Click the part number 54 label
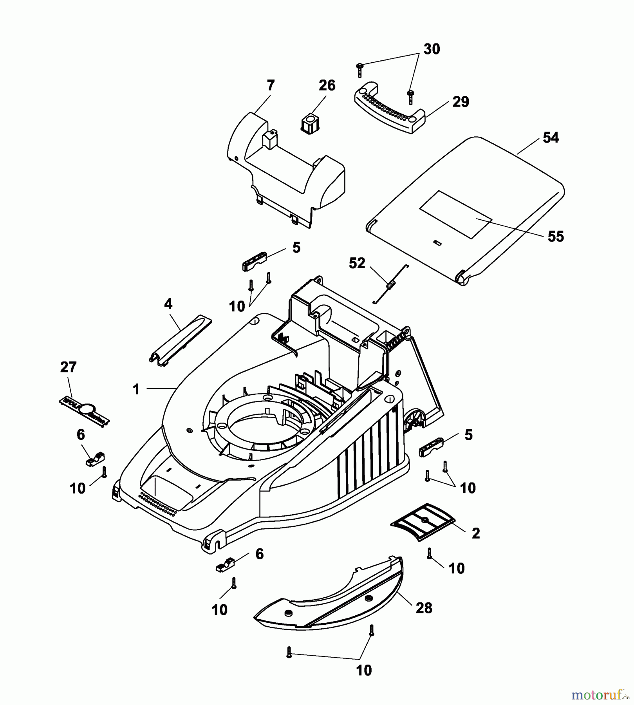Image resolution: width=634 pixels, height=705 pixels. point(551,138)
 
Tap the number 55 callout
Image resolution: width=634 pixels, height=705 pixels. point(555,237)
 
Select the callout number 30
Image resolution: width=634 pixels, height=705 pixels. point(432,49)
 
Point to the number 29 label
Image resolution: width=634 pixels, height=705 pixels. point(461,102)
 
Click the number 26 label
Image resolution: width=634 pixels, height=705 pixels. point(327,85)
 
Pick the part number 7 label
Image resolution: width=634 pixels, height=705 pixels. point(271,85)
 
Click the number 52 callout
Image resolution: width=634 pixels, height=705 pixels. point(357,263)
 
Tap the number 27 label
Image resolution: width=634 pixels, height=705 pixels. point(68,367)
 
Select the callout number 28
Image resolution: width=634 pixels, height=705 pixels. point(424,608)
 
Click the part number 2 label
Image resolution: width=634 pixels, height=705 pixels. point(476,533)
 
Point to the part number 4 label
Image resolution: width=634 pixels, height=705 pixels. point(168,304)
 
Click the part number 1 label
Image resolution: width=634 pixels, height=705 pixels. point(136,389)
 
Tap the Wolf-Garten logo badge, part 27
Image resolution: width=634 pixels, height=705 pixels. point(84,410)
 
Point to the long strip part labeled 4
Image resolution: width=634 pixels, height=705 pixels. point(181,340)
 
